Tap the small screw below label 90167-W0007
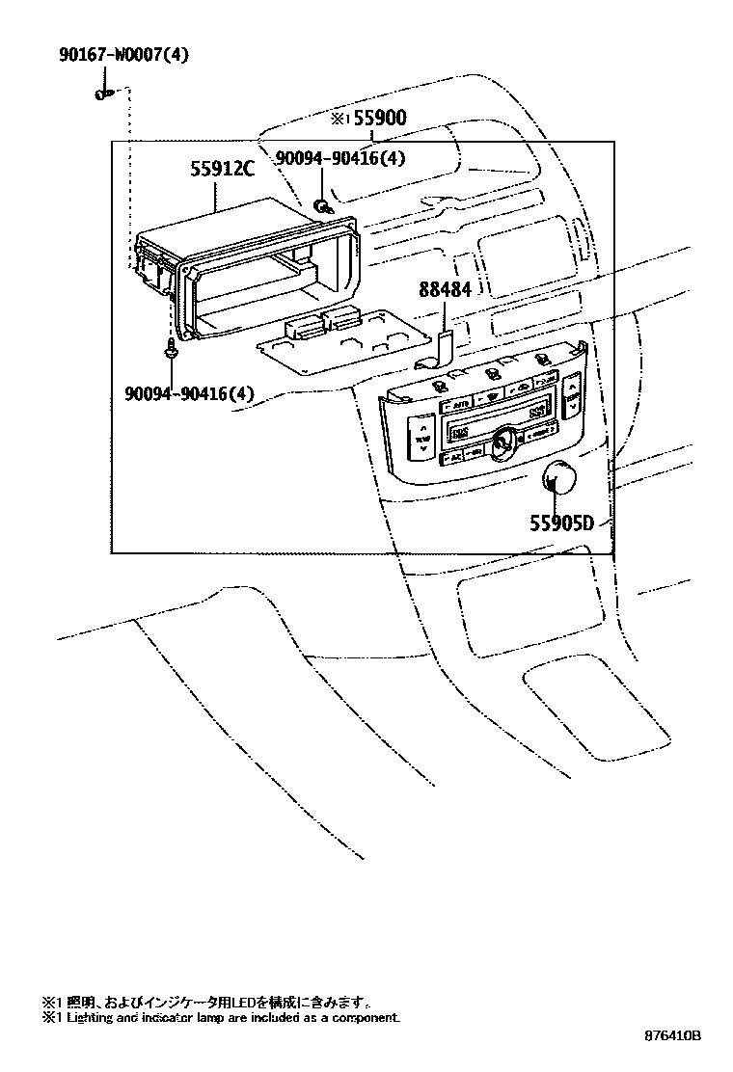(x=103, y=94)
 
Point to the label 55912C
(x=222, y=170)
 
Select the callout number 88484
(x=445, y=289)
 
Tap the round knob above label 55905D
(x=557, y=477)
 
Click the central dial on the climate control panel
(x=502, y=442)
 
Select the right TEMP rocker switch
(x=570, y=396)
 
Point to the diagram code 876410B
(x=673, y=1036)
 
